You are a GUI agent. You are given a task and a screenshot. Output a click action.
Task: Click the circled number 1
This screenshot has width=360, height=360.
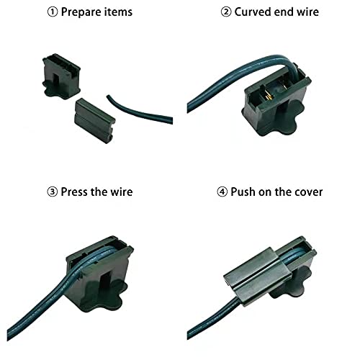pos(53,12)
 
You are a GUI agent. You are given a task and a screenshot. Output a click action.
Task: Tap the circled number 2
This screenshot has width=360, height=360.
pos(226,12)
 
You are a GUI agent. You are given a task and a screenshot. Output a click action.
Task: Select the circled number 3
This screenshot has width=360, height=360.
pos(53,192)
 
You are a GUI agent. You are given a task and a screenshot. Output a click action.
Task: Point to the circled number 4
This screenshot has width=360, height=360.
pos(222,192)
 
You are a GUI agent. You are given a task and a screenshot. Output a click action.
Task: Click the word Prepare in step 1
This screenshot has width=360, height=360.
pos(81,12)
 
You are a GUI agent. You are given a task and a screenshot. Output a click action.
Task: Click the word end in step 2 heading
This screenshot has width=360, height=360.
pos(284,12)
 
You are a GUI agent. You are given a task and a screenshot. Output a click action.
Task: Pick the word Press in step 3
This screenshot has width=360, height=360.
pos(74,192)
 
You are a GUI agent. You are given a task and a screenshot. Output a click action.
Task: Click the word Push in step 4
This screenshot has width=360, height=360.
pos(243,192)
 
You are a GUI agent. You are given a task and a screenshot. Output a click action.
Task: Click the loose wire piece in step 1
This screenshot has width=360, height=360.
pos(139,111)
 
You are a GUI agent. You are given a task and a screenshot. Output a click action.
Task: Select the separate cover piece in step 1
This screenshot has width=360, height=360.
pos(95,121)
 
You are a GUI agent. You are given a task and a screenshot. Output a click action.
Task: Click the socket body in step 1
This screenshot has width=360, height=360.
pos(61,76)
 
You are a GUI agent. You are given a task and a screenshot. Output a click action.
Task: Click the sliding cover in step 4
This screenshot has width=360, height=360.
pos(258,277)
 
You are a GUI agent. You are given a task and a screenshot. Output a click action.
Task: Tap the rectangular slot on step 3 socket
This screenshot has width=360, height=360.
pos(105,285)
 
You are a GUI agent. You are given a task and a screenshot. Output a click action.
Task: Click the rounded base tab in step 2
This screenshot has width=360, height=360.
pos(293,114)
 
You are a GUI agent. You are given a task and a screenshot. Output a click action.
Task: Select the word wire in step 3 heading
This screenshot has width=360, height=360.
pos(121,192)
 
